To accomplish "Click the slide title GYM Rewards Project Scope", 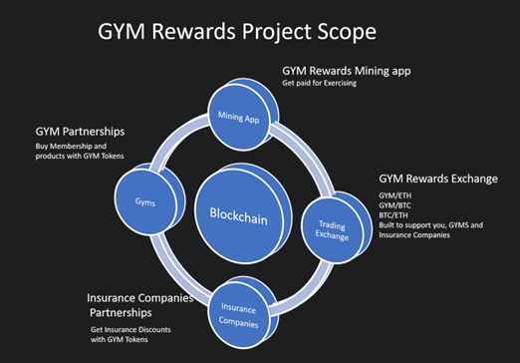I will (x=236, y=33).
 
